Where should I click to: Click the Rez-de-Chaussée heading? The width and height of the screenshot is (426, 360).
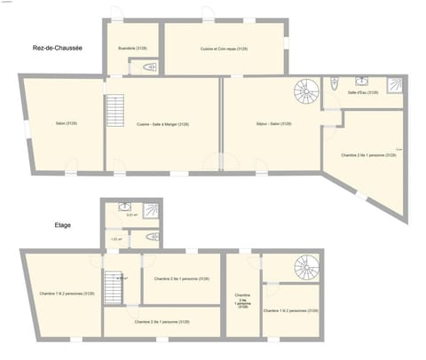57,48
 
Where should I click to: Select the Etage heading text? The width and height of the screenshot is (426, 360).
61,225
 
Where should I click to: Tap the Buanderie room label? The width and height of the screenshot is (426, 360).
134,49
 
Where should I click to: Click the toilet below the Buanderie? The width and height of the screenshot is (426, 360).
148,67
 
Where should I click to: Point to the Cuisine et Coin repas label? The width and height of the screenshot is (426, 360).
224,49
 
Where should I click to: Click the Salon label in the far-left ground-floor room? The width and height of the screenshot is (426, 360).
66,123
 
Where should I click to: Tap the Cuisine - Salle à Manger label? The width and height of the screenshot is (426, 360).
162,124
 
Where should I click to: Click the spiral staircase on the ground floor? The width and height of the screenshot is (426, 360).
306,91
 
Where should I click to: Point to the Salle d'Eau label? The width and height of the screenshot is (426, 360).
363,92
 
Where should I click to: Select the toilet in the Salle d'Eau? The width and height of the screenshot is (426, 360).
334,84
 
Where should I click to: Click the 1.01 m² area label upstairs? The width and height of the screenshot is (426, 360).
116,239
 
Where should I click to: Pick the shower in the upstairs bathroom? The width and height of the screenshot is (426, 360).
151,210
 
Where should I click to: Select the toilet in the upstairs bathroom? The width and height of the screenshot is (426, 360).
151,237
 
